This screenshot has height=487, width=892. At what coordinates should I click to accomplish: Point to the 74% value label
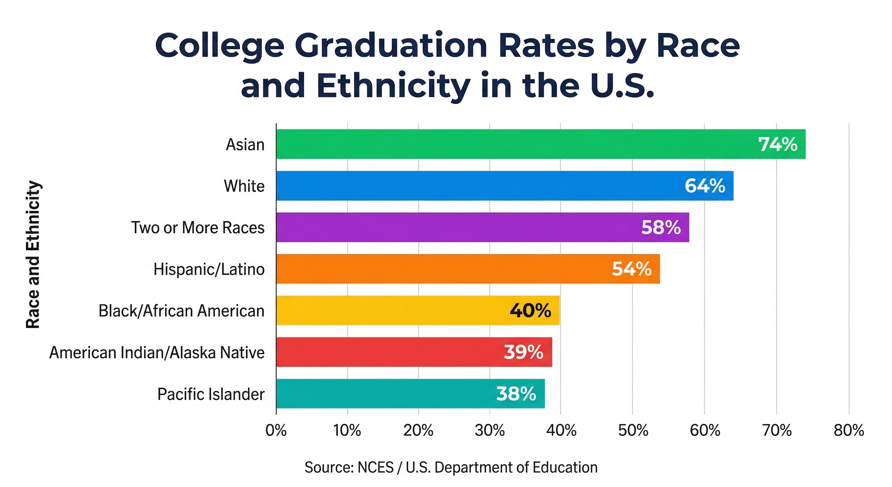(778, 144)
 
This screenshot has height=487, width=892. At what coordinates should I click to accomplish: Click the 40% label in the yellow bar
(530, 311)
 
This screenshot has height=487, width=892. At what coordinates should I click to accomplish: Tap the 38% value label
(516, 394)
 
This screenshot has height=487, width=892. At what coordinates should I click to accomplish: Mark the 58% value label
(661, 227)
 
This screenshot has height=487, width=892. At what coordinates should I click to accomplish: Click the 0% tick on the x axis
(276, 431)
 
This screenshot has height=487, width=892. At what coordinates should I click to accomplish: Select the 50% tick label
(633, 431)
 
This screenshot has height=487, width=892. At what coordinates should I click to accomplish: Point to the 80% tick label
(849, 431)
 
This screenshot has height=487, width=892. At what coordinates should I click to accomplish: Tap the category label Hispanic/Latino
(209, 269)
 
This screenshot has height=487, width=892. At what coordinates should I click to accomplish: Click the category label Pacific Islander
(211, 394)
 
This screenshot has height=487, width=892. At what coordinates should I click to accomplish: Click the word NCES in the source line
(375, 467)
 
